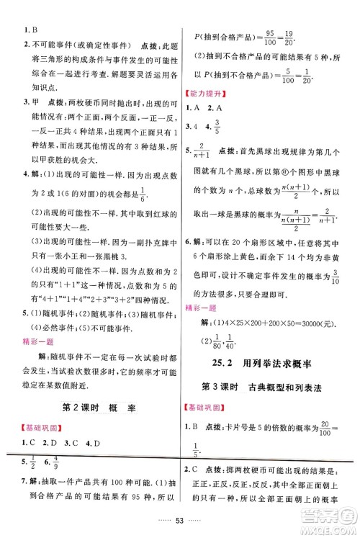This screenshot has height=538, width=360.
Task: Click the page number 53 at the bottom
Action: pos(181,521)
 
